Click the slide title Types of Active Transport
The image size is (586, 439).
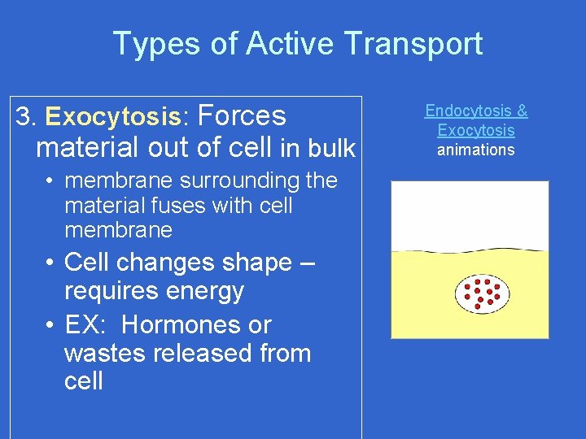297,44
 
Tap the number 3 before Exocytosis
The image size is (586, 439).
24,118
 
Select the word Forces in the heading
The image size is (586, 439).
242,116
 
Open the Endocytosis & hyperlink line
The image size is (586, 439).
476,111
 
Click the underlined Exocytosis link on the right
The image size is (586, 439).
476,130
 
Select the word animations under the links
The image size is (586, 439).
476,150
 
